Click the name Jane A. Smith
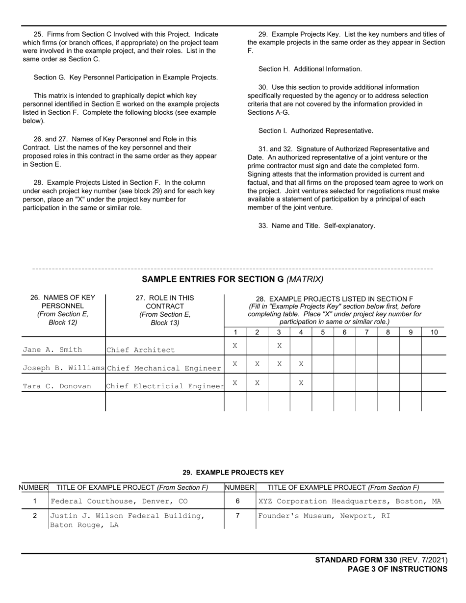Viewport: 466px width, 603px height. point(52,350)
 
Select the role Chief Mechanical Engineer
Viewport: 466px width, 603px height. point(164,368)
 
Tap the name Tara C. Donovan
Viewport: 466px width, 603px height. point(57,386)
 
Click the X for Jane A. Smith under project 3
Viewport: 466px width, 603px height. point(279,346)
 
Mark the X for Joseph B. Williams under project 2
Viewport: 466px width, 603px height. point(257,364)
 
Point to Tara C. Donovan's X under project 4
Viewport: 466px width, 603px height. point(301,382)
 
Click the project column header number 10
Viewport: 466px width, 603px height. point(434,332)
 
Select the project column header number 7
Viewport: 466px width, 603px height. point(366,332)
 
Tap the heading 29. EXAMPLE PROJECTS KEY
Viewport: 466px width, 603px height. point(233,473)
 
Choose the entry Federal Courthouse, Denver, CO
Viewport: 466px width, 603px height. point(119,502)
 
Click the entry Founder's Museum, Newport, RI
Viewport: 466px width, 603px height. point(324,516)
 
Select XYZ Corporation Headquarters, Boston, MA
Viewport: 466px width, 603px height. point(349,502)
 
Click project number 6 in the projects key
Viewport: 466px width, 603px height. point(238,502)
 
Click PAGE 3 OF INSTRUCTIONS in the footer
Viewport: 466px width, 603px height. point(397,569)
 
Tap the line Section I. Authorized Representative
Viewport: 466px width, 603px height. point(315,131)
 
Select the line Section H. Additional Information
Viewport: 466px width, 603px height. point(310,69)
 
